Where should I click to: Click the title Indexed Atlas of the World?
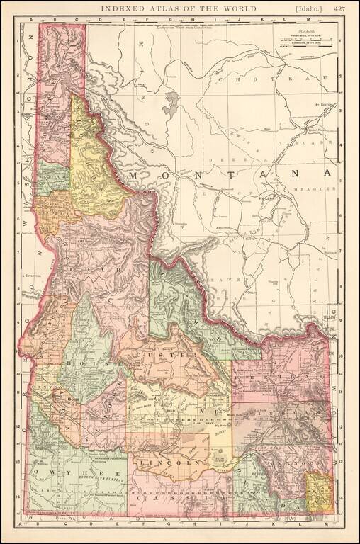pyautogui.click(x=179, y=9)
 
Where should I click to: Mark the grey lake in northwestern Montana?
pyautogui.click(x=170, y=103)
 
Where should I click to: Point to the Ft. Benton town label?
pyautogui.click(x=326, y=104)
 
